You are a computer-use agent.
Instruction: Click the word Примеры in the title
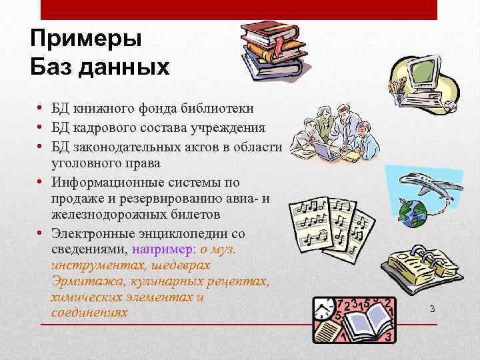pyautogui.click(x=86, y=39)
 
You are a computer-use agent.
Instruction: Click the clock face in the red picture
pyautogui.click(x=325, y=309)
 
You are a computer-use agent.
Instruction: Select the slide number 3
pyautogui.click(x=432, y=309)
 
